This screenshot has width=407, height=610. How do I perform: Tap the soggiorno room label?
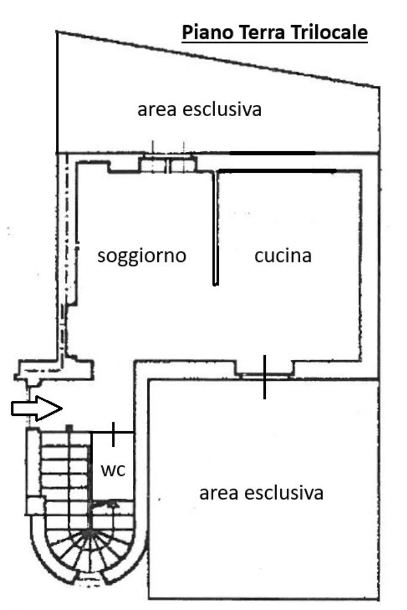(142, 256)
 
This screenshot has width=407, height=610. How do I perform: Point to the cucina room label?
(283, 256)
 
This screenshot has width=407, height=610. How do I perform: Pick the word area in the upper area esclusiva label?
(156, 110)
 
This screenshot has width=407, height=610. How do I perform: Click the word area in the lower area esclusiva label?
(218, 494)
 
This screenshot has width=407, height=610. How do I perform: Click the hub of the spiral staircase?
(89, 532)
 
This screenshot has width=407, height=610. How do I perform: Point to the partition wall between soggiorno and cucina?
(216, 226)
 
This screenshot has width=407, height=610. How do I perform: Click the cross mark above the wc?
(113, 434)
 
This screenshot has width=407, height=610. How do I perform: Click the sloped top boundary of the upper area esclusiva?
(218, 60)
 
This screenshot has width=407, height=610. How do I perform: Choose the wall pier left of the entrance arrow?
(54, 370)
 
